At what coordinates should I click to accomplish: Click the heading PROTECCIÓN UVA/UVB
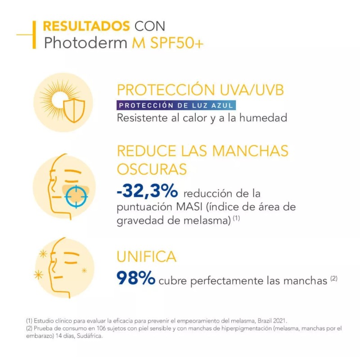coord(201,90)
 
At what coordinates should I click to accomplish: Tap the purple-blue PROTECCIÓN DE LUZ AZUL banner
coord(176,106)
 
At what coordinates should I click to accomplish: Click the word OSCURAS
coord(152,169)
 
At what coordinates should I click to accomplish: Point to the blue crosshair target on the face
coord(75,196)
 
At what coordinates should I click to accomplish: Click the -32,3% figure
coord(147,192)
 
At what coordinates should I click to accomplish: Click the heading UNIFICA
coord(146,256)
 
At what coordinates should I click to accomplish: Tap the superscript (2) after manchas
coord(333,278)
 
